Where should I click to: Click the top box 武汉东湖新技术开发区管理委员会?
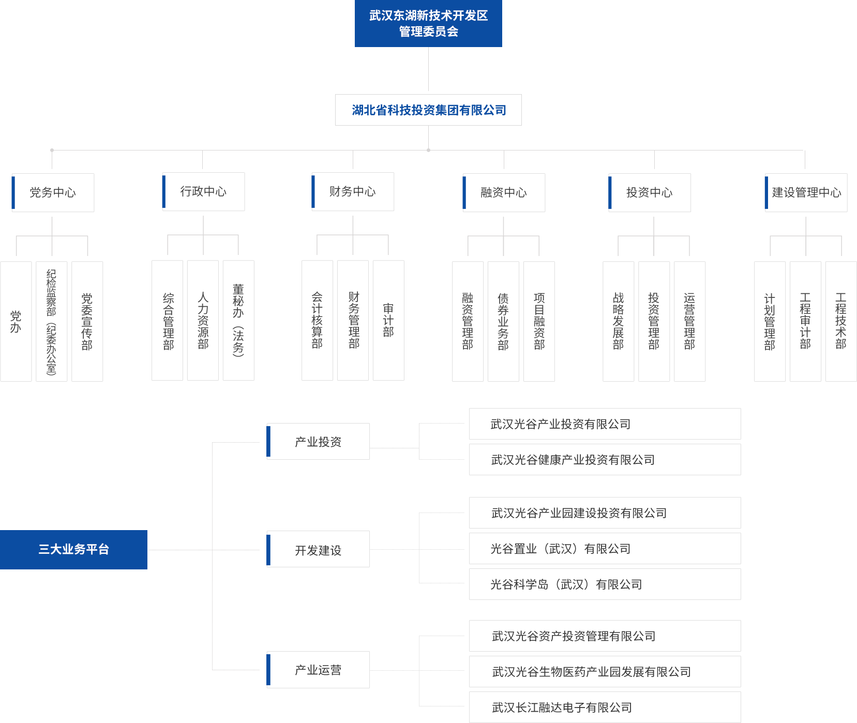pyautogui.click(x=428, y=23)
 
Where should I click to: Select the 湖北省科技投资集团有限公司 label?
pyautogui.click(x=428, y=110)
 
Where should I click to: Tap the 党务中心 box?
pyautogui.click(x=52, y=192)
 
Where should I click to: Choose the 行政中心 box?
pyautogui.click(x=203, y=191)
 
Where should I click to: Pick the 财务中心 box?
pyautogui.click(x=353, y=191)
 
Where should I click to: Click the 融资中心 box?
pyautogui.click(x=504, y=192)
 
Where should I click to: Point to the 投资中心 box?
pyautogui.click(x=650, y=192)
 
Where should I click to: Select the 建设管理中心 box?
pyautogui.click(x=805, y=192)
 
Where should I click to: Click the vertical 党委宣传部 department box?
pyautogui.click(x=87, y=321)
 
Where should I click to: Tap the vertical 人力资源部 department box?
pyautogui.click(x=203, y=321)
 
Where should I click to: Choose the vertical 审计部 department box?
pyautogui.click(x=388, y=321)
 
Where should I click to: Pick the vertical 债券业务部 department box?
pyautogui.click(x=503, y=321)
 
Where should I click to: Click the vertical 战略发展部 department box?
pyautogui.click(x=618, y=321)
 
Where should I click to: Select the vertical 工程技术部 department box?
pyautogui.click(x=840, y=321)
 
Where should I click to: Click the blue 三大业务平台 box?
pyautogui.click(x=74, y=549)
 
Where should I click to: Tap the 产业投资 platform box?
pyautogui.click(x=318, y=442)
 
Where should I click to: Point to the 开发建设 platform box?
pyautogui.click(x=318, y=550)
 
